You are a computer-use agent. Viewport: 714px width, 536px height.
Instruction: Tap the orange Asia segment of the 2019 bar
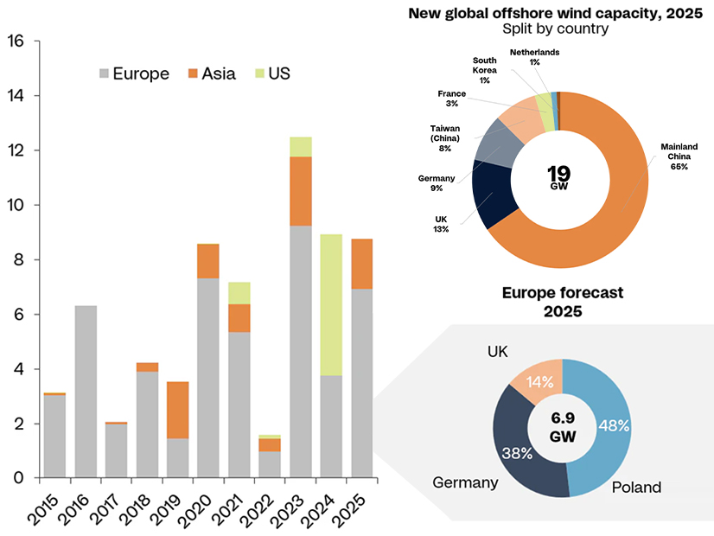(x=178, y=410)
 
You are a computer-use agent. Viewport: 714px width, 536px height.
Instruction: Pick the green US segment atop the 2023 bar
(x=301, y=146)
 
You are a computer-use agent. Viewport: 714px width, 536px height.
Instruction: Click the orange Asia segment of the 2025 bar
(x=362, y=264)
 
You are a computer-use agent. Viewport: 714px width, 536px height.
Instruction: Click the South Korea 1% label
(x=484, y=70)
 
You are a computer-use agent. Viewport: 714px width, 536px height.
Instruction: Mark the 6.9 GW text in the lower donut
(x=562, y=427)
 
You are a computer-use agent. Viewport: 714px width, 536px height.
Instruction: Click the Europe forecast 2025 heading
(x=562, y=302)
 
